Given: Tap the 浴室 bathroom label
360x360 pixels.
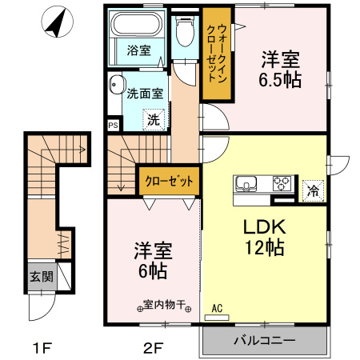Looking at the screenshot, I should (138, 50).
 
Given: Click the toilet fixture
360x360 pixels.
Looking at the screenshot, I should (184, 34).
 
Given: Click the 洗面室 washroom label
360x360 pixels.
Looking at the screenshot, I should (146, 93).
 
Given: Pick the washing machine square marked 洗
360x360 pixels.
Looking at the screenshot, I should (153, 120).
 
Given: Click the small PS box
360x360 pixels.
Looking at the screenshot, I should (113, 125).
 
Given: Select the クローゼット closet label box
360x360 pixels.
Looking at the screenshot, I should (168, 180).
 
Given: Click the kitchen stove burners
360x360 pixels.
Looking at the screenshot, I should (282, 182).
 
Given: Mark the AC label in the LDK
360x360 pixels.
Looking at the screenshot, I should (218, 307).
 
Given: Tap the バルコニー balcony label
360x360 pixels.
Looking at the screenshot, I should (264, 340).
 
